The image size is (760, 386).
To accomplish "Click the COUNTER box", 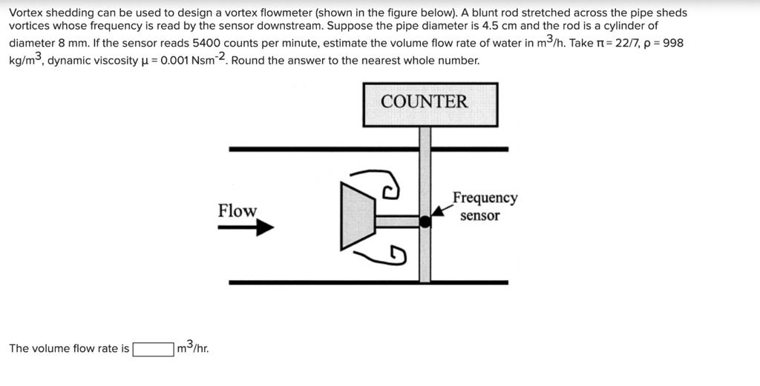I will pos(430,104).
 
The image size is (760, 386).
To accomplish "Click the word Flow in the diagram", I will pos(237,210).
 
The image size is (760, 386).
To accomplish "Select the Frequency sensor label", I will pos(484,207).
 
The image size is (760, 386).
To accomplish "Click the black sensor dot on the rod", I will pos(425,221).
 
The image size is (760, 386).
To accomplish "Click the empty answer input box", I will pos(153,348).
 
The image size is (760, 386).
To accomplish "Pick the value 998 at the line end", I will pos(673,43).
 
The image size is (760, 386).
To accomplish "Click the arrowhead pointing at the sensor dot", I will pos(439,213).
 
